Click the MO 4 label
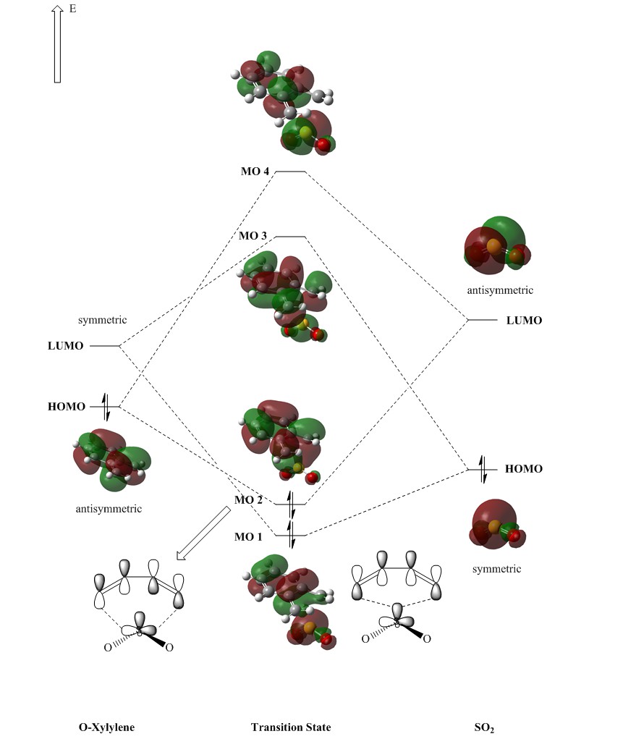coord(255,172)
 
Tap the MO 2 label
coord(248,500)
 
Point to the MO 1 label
coord(248,536)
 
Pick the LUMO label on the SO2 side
coord(524,320)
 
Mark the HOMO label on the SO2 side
coord(523,469)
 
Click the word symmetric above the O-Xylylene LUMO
coord(103,319)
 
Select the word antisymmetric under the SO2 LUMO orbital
coord(500,290)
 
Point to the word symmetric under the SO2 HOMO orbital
coord(496,569)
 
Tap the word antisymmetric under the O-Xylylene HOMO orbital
coord(109,509)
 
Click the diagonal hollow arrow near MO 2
coord(203,533)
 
